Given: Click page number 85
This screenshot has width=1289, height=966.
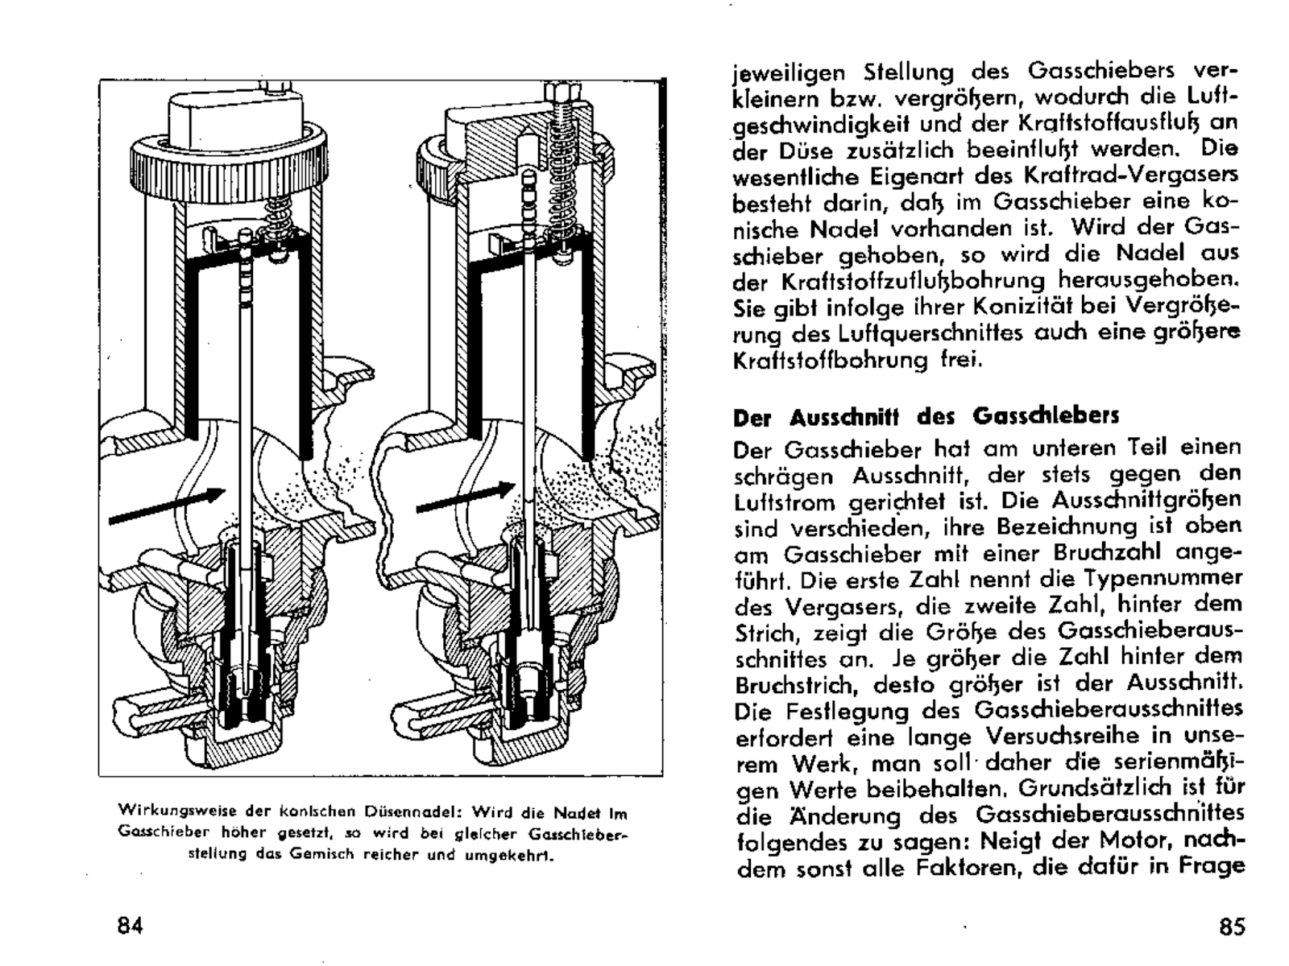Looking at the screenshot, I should coord(1232,926).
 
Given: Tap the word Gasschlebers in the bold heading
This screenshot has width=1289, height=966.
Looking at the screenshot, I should coord(1046,417).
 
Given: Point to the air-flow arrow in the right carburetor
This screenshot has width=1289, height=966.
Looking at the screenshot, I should coord(466,497).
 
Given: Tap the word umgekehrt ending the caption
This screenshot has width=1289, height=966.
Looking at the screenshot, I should coord(509,855).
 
